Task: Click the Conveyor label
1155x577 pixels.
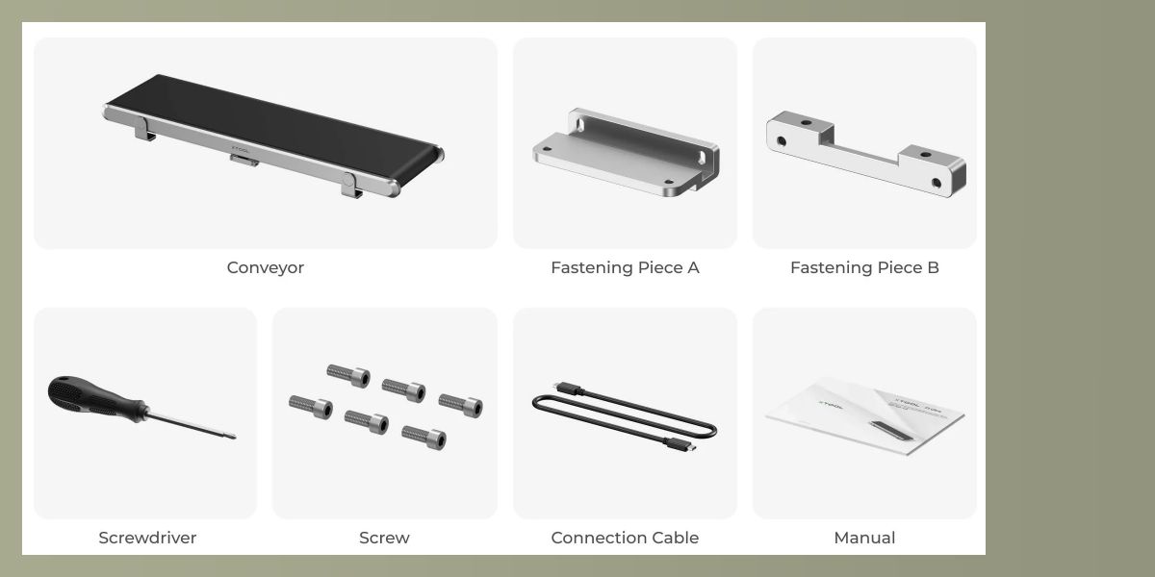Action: [265, 268]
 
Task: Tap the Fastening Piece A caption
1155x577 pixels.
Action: [625, 268]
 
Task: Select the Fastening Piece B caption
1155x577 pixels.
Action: [864, 268]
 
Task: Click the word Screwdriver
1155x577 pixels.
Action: [147, 538]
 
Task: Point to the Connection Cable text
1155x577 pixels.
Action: [625, 538]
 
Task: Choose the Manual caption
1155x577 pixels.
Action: [864, 538]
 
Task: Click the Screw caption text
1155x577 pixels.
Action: [385, 538]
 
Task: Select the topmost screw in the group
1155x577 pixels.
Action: [348, 375]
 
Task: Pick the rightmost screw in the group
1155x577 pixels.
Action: [461, 405]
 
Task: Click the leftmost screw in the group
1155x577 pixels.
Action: [311, 407]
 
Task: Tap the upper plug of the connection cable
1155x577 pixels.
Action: [569, 389]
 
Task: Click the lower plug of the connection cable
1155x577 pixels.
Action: [680, 444]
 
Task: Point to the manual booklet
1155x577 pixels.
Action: [865, 416]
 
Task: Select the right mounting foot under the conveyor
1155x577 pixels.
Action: [350, 186]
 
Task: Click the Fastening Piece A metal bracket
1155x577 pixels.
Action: [626, 153]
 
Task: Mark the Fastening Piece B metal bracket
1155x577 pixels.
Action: [866, 155]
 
